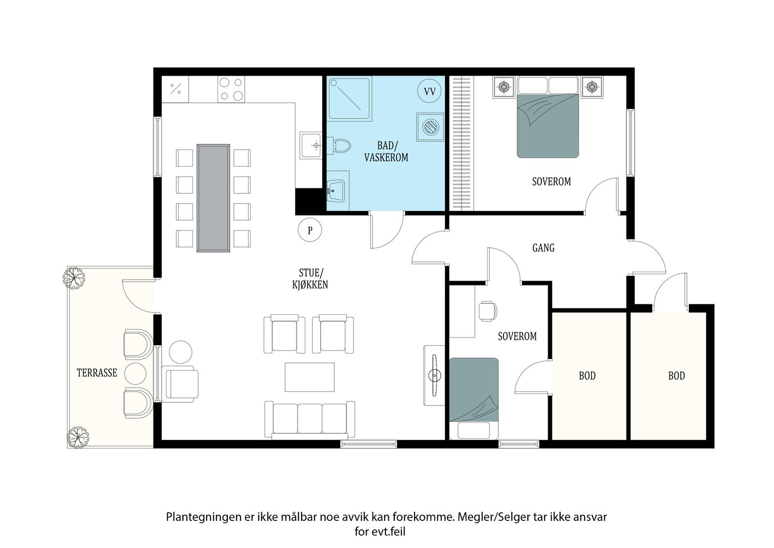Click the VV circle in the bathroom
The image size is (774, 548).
click(430, 91)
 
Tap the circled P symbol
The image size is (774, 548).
click(310, 230)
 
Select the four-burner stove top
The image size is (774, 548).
click(231, 90)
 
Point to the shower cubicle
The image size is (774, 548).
click(350, 99)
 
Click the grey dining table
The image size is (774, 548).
click(213, 198)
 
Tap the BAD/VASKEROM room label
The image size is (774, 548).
click(386, 152)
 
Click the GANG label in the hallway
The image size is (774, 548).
click(543, 248)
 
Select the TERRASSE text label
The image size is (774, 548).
click(97, 373)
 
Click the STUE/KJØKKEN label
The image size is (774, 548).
click(310, 279)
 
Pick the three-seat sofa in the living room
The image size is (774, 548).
click(310, 419)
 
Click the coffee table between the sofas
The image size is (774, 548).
click(310, 377)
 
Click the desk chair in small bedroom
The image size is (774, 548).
click(487, 310)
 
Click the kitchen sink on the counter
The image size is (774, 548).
click(311, 145)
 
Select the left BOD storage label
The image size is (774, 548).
click(587, 376)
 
